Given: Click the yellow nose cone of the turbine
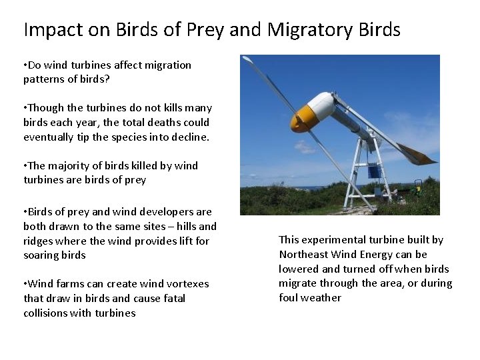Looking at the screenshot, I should (303, 119).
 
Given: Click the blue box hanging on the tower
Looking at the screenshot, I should (374, 171).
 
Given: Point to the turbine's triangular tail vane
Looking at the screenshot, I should (415, 154).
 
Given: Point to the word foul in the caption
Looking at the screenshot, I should (290, 297).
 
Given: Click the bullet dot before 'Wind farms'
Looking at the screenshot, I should (25, 283).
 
